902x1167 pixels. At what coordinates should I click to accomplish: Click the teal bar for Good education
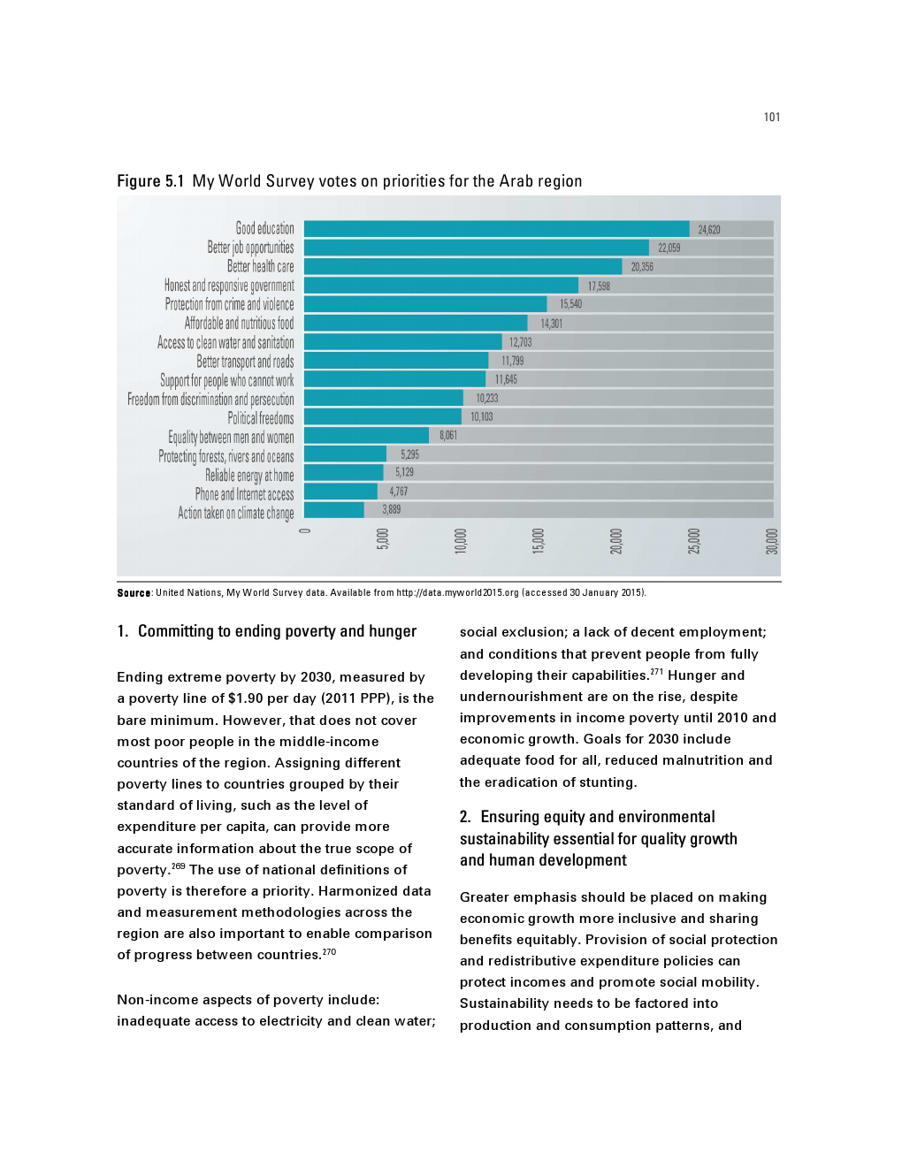pos(496,229)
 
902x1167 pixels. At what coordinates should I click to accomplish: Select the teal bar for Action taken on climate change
pos(334,510)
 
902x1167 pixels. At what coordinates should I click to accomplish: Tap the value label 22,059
pos(669,248)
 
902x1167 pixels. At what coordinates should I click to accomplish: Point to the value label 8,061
pos(448,435)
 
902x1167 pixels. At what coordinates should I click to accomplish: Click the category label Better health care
pos(260,266)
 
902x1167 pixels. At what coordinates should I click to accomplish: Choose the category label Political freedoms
pos(260,418)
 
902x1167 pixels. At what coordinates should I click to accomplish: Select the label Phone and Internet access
pos(244,494)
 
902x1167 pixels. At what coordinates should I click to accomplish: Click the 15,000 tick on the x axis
pos(538,541)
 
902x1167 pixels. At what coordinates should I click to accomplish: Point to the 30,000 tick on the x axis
pos(771,541)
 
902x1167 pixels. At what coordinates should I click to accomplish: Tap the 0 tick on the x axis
pos(305,530)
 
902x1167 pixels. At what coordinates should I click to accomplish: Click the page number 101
pos(772,118)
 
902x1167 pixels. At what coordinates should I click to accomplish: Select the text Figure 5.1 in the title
pos(150,181)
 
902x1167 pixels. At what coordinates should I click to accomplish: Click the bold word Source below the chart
pos(134,593)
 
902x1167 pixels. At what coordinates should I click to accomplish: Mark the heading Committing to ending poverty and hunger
pos(277,631)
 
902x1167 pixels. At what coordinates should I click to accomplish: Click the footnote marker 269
pos(178,866)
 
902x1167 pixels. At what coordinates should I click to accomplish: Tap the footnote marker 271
pos(656,672)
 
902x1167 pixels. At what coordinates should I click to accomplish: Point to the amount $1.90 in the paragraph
pos(245,698)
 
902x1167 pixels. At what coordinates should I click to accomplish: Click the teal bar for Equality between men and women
pos(366,435)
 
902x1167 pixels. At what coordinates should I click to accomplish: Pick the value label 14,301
pos(551,324)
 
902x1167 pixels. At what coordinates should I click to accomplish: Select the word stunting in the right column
pos(608,782)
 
